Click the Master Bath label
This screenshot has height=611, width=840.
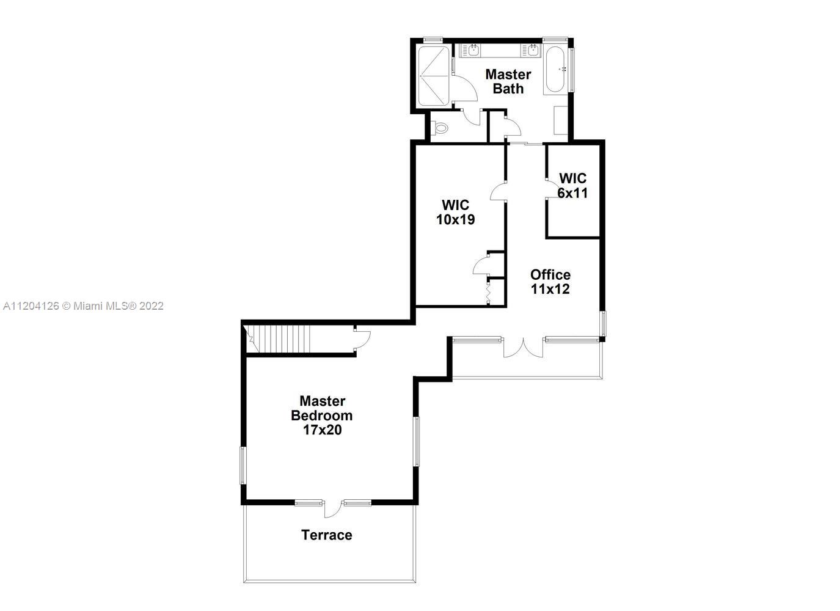tap(508, 81)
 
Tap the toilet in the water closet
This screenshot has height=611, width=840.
tap(439, 128)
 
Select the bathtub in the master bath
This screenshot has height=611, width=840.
tap(555, 69)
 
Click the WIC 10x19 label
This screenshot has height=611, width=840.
tap(455, 212)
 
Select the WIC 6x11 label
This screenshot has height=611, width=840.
tap(572, 185)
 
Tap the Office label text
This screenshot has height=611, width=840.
tap(550, 274)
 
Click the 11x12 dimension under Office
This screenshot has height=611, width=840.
tap(550, 289)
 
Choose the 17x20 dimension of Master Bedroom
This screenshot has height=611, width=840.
tap(322, 430)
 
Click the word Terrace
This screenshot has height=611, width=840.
tap(326, 535)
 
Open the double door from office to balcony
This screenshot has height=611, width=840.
tap(523, 347)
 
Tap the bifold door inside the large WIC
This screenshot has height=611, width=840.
tap(489, 292)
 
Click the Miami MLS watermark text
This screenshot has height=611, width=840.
tap(84, 305)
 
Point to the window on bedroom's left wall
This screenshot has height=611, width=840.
tap(243, 466)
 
